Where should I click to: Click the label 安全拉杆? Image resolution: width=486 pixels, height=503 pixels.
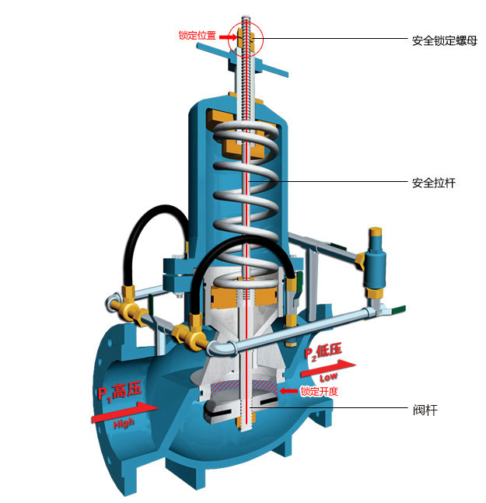(x=433, y=183)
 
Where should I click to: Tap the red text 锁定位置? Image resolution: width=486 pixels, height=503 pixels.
(x=197, y=36)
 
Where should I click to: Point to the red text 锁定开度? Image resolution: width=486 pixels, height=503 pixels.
(x=319, y=391)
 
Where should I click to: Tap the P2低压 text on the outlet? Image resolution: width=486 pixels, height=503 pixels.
(x=322, y=351)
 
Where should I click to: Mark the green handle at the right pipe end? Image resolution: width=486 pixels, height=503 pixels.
(x=397, y=309)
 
